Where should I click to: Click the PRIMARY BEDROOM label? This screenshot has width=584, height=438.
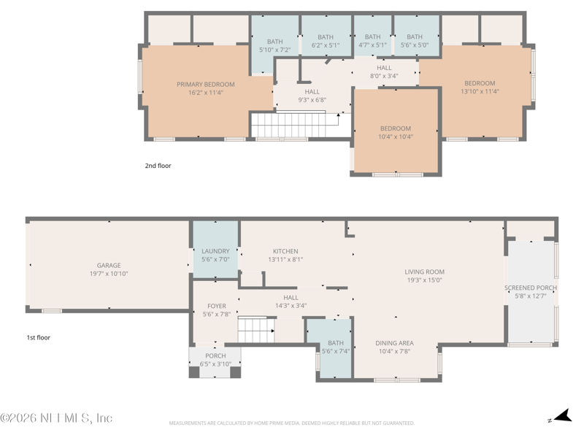coord(206,85)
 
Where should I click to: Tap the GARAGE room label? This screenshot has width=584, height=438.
coord(109,266)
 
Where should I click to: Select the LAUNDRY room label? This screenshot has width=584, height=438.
coord(215,251)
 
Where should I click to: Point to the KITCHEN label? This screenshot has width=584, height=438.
coord(285,251)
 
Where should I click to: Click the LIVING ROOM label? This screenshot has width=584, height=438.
coord(425,272)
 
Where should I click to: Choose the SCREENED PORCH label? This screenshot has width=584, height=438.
coord(531,288)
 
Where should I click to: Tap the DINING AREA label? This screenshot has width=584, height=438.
coord(394,343)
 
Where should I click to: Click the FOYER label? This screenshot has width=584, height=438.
coord(217,306)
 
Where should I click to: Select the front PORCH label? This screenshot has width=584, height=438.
coord(215,356)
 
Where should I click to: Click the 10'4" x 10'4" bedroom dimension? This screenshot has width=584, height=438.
coord(396,137)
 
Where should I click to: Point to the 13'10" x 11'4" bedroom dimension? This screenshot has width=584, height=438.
coord(480,91)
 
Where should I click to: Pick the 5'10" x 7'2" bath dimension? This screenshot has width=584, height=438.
coord(275,50)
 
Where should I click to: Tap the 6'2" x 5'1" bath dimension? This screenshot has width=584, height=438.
coord(326,45)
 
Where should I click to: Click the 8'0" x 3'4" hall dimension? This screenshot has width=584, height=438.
coord(384,76)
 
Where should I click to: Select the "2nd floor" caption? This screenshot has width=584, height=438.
coord(158,166)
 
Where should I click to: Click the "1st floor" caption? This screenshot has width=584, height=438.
coord(39,337)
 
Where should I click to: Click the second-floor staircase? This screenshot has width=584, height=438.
coord(288,125)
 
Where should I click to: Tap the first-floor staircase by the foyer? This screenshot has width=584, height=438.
coord(256,330)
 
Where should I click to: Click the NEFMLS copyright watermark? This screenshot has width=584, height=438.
coord(56,418)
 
